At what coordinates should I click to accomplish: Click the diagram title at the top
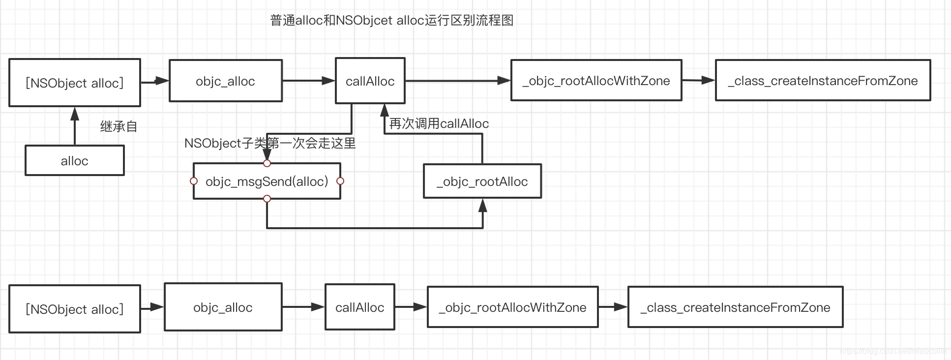(x=392, y=21)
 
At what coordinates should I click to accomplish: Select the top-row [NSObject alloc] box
(x=75, y=83)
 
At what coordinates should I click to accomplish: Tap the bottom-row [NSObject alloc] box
(x=75, y=309)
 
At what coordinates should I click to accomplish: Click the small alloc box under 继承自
(x=75, y=161)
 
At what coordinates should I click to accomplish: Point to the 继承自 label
(x=119, y=127)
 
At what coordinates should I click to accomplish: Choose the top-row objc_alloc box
(x=225, y=81)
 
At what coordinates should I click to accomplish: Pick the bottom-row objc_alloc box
(x=223, y=307)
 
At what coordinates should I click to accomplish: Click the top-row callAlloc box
(x=370, y=81)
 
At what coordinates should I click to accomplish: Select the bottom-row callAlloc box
(x=359, y=307)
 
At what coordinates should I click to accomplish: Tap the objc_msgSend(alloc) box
(x=267, y=181)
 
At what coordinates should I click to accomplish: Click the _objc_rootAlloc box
(x=482, y=181)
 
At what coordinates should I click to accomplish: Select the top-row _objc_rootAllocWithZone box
(x=596, y=81)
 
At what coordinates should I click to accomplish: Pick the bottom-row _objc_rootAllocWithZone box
(x=512, y=307)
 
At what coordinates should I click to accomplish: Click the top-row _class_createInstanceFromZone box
(x=823, y=81)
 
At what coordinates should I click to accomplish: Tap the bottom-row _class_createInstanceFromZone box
(x=735, y=307)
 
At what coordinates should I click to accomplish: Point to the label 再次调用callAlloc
(x=439, y=124)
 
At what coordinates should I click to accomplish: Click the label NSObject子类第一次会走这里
(x=270, y=144)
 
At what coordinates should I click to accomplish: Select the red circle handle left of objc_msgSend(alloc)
(x=194, y=181)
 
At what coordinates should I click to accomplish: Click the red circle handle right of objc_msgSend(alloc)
(x=340, y=181)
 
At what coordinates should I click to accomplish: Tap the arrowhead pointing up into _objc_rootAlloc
(x=483, y=206)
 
